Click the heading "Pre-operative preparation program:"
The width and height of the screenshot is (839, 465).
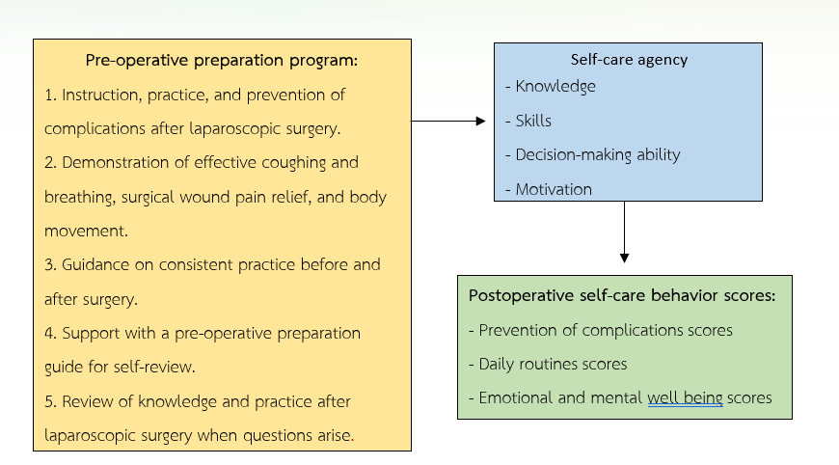click(x=222, y=61)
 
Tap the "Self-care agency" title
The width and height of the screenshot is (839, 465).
click(x=629, y=60)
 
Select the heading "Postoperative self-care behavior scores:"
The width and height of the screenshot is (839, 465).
click(x=622, y=295)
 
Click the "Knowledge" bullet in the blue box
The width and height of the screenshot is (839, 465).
click(x=550, y=87)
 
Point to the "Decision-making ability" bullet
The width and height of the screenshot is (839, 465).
click(x=593, y=155)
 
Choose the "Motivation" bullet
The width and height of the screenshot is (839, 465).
click(x=549, y=189)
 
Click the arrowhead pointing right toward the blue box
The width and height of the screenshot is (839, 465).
click(x=480, y=122)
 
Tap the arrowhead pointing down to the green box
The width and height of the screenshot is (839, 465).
click(x=624, y=258)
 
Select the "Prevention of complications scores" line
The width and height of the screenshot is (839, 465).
click(x=601, y=331)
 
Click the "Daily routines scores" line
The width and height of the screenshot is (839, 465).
click(x=548, y=365)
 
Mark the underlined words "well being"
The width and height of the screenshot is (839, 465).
click(x=685, y=398)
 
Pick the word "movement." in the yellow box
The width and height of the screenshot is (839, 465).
click(x=86, y=232)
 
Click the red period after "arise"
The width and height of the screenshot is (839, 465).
click(x=352, y=440)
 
